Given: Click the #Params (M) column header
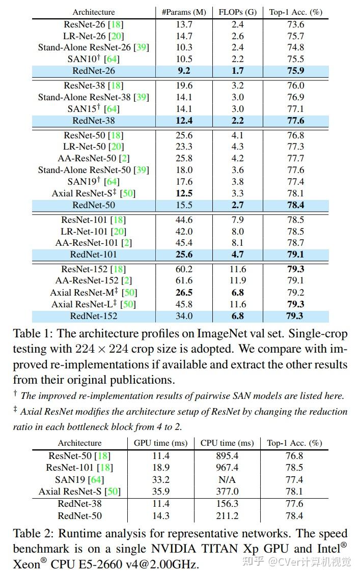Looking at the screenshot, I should click(184, 12).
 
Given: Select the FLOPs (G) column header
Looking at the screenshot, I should click(237, 12).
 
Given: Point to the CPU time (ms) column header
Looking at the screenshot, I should click(227, 443).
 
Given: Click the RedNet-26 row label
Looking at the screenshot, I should click(94, 71).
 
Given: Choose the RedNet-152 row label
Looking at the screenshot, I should click(94, 316).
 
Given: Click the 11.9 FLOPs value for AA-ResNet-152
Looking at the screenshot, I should click(237, 280).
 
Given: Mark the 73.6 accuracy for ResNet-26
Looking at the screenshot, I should click(295, 24).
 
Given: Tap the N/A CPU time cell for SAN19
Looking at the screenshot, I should click(227, 480).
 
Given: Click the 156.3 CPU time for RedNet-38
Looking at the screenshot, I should click(227, 504).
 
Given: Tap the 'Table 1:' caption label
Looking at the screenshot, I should click(33, 334).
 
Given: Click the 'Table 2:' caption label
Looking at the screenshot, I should click(33, 534).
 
